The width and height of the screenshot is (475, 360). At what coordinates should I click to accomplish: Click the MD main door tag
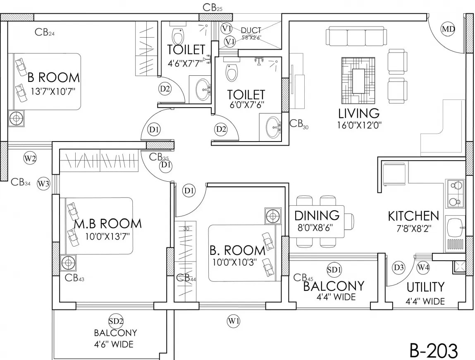tap(448, 29)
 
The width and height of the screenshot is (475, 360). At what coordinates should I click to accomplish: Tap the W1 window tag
tap(234, 320)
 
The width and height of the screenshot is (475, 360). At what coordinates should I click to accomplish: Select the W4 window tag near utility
tap(423, 267)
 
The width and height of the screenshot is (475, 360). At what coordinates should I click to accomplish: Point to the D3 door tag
tap(399, 267)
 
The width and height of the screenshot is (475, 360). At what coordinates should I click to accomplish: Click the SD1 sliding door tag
tap(334, 270)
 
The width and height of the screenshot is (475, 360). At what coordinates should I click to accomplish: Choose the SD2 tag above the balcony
tap(116, 321)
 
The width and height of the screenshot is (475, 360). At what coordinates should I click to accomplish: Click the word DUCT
tap(251, 30)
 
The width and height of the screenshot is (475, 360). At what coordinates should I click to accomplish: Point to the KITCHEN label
tap(413, 216)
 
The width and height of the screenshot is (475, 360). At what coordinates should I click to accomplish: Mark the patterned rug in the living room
tap(358, 80)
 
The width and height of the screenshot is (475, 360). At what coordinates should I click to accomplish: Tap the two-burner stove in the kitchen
tap(455, 194)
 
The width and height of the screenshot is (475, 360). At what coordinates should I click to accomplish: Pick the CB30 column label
tap(299, 123)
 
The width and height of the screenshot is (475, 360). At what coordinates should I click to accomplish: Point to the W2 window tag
tap(30, 158)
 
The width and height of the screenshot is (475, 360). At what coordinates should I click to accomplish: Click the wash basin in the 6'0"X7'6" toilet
tap(272, 128)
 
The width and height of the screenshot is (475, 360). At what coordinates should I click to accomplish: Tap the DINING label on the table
tap(317, 215)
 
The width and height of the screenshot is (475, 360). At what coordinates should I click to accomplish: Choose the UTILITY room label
tap(425, 287)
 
